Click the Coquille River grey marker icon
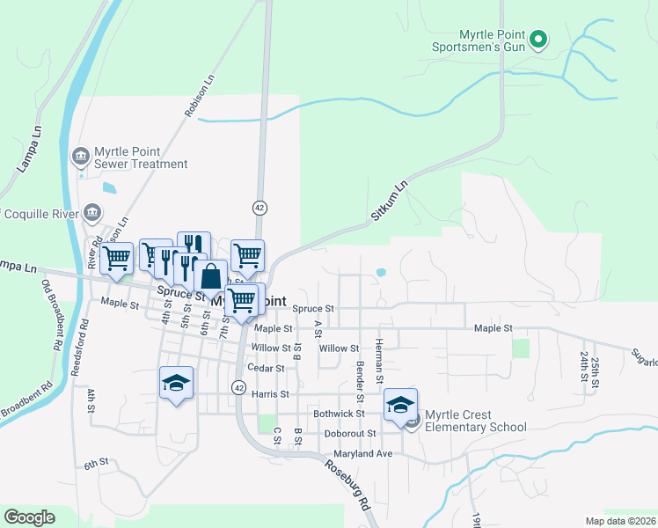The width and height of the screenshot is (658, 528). [x=92, y=213]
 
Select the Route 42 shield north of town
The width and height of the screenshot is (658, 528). [x=260, y=208]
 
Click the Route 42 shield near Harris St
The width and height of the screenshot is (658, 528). [x=238, y=387]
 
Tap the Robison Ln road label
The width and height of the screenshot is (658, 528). [x=200, y=95]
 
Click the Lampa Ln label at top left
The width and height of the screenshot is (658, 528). [x=29, y=152]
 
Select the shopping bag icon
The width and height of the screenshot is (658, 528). [x=210, y=275]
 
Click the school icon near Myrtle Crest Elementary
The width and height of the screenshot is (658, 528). [x=400, y=404]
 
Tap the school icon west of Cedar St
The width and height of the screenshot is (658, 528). [x=176, y=383]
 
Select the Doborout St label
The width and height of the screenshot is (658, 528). [x=349, y=433]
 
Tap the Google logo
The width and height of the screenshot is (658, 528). [x=28, y=517]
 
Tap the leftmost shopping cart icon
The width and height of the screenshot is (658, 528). [x=116, y=258]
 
